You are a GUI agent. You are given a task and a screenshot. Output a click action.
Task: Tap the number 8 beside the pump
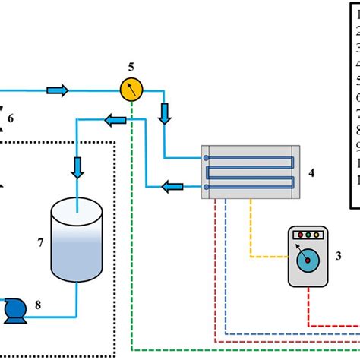tap(39, 306)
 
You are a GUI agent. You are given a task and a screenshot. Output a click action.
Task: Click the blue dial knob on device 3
tap(308, 262)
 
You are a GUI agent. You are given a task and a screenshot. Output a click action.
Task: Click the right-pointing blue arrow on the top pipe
tap(58, 91)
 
